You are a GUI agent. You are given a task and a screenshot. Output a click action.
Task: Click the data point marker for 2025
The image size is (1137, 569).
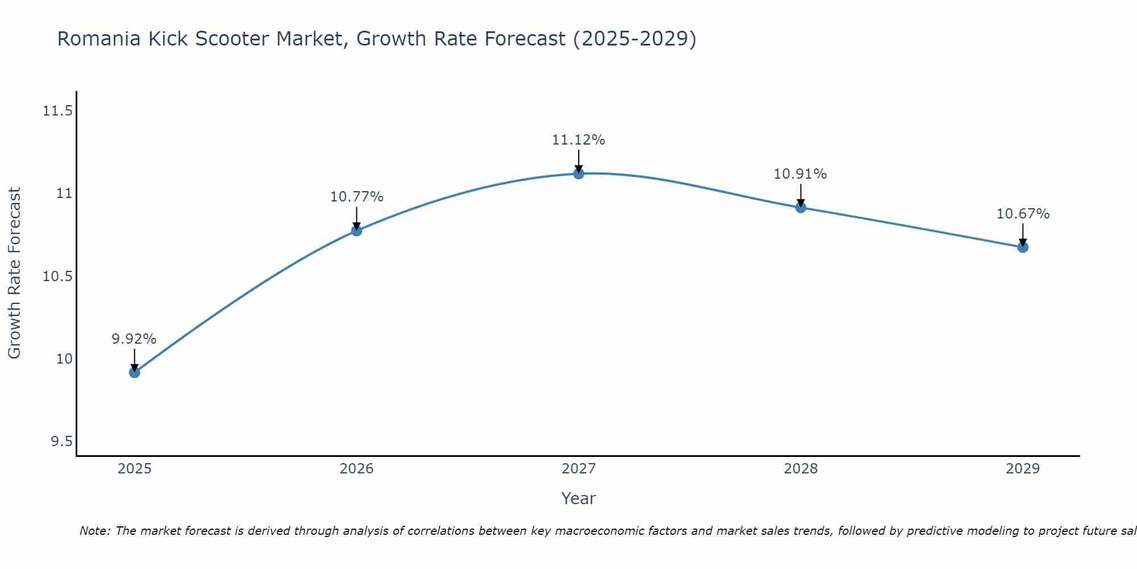[x=134, y=373]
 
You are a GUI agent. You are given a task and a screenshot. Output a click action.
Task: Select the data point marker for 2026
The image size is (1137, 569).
[x=356, y=230]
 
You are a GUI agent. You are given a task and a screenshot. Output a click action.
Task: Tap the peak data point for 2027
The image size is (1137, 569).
[x=579, y=174]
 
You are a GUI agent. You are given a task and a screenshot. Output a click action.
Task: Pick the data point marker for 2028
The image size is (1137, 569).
[x=800, y=208]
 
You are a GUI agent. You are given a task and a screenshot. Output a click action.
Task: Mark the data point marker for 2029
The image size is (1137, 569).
[x=1023, y=247]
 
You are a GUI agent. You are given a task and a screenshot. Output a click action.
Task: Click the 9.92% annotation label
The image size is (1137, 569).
[x=134, y=339]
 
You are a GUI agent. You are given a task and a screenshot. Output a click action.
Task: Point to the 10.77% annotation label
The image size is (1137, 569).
[x=356, y=197]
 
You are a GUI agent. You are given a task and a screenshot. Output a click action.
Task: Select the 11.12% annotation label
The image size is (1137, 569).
[x=579, y=140]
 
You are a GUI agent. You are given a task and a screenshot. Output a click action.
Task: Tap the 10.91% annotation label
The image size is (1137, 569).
[x=800, y=174]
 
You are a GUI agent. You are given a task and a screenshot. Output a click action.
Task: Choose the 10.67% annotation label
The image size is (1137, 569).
[x=1023, y=214]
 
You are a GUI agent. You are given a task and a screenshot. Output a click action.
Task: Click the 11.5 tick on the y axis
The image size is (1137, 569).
[x=57, y=111]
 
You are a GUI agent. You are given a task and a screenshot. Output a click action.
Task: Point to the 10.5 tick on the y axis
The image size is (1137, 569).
[x=57, y=277]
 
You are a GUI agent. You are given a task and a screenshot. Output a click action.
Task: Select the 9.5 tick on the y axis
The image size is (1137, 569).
[x=61, y=442]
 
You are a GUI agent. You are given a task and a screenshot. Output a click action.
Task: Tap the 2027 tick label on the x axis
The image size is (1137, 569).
[x=579, y=469]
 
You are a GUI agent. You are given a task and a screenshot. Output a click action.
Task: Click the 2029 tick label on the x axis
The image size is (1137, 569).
[x=1023, y=469]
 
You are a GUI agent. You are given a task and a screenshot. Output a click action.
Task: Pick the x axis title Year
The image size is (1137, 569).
[x=579, y=498]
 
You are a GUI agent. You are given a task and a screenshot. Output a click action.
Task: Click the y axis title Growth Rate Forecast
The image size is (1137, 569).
[x=14, y=273]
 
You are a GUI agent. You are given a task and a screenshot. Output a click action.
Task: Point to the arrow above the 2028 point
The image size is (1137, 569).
[x=800, y=195]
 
